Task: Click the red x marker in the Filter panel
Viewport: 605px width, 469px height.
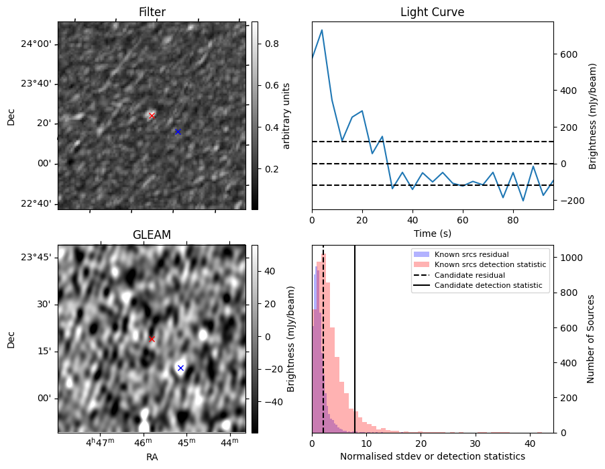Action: click(152, 116)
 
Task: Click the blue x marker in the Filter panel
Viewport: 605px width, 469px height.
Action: click(178, 132)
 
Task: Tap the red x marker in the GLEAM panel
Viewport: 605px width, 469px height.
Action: click(152, 339)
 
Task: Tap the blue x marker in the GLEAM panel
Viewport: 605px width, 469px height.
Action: click(180, 368)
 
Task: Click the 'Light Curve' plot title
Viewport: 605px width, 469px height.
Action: click(432, 12)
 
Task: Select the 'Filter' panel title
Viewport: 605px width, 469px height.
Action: click(152, 12)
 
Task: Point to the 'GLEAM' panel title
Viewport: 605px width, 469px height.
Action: click(152, 235)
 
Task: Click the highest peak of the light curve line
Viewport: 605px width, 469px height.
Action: click(322, 30)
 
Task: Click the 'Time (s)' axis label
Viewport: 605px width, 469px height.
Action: click(432, 233)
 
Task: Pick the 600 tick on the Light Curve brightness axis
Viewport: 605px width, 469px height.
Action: click(565, 54)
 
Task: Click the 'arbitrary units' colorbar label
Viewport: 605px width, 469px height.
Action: click(286, 115)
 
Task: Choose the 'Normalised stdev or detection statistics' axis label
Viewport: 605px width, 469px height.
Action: click(432, 456)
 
